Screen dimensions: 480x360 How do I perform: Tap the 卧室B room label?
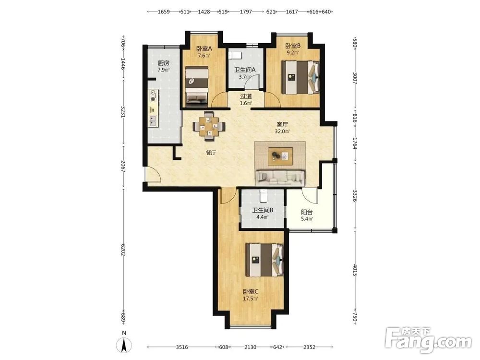click(293, 46)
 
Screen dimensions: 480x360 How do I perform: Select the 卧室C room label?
click(251, 292)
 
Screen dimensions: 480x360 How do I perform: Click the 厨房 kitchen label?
click(164, 63)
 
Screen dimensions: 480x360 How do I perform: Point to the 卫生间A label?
click(245, 70)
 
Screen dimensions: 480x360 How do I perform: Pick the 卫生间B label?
click(263, 211)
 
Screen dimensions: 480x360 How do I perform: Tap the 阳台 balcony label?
click(307, 212)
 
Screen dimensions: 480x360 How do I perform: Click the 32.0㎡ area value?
click(282, 132)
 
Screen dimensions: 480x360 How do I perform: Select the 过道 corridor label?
click(246, 96)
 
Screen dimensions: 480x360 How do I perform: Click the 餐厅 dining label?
click(211, 153)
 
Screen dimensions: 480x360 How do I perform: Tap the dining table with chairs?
click(209, 126)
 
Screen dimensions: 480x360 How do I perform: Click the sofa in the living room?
click(280, 178)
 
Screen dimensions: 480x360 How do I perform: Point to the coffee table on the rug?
click(280, 156)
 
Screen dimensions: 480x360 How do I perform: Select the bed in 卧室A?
click(196, 86)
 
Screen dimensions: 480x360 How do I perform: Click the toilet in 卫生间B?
click(263, 196)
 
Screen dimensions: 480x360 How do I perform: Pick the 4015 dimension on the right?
click(355, 270)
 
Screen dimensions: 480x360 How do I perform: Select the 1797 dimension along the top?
click(246, 12)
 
